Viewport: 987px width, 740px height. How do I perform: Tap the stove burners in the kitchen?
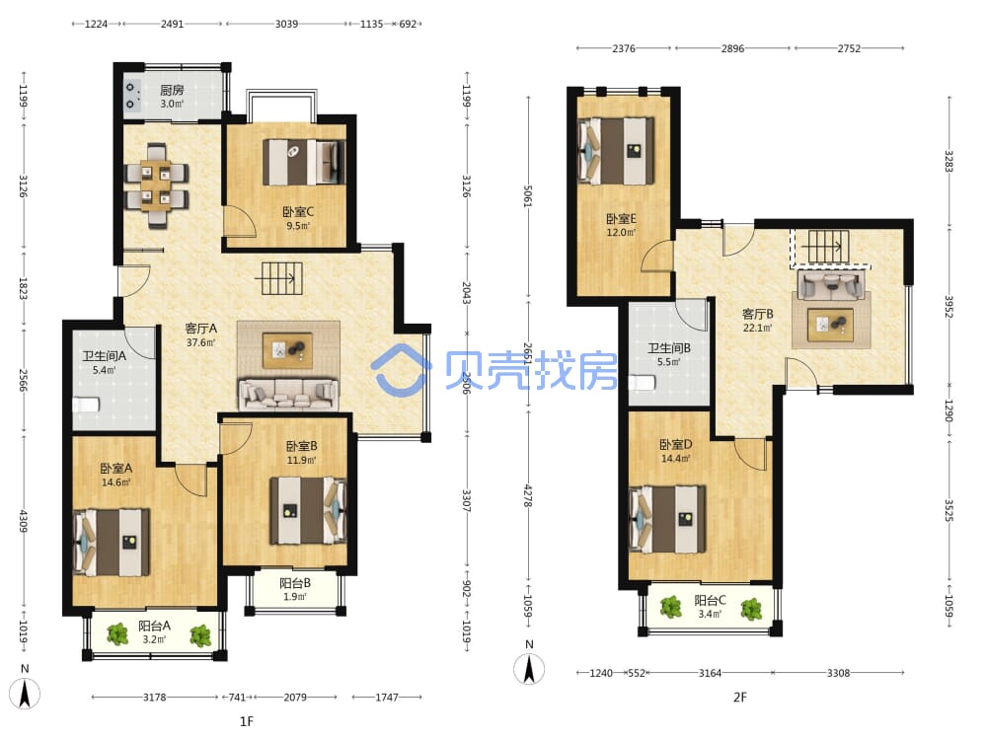coord(131,96)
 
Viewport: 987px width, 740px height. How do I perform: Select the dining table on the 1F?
coord(156,185)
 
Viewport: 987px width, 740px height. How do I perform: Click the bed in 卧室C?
coord(305,163)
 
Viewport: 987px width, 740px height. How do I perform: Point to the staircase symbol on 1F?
coord(282,278)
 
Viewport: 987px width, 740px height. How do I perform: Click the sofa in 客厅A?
coord(287,394)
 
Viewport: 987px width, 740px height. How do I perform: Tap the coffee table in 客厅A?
coord(287,350)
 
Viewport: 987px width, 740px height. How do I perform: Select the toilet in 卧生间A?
coord(86,404)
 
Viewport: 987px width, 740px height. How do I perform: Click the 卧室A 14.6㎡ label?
coord(115,476)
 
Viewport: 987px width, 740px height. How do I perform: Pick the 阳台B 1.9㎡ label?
coord(294,590)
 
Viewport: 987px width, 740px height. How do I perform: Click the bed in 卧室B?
coord(308,510)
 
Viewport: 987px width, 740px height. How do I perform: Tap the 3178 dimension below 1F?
coord(155,698)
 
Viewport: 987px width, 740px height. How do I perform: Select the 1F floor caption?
coord(246,721)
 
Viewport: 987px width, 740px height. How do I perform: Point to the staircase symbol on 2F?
coord(825,246)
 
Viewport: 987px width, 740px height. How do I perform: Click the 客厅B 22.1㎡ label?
coord(757,320)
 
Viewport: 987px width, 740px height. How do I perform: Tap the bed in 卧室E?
coord(616,151)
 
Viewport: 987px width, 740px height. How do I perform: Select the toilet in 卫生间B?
coord(643,383)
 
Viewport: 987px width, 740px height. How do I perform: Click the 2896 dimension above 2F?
coord(732,48)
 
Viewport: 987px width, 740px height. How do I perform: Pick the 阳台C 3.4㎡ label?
coord(710,607)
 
